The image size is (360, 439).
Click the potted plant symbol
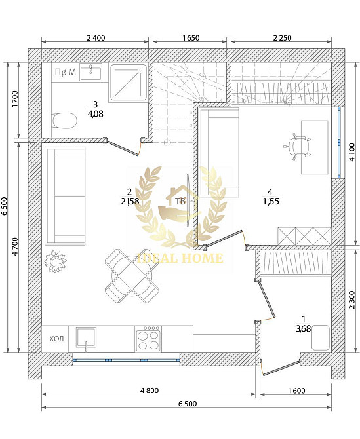[x=55, y=261]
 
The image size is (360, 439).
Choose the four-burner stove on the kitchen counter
[x=149, y=338]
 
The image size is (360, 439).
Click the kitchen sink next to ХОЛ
[x=87, y=338]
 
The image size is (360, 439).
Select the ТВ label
[x=178, y=200]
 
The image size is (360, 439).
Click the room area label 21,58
[x=129, y=200]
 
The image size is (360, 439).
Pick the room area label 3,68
[x=303, y=328]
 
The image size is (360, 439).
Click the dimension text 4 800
[x=150, y=390]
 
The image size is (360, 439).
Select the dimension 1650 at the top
[x=190, y=38]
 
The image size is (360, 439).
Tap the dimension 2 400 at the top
[x=96, y=38]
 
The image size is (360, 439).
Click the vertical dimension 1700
[x=14, y=101]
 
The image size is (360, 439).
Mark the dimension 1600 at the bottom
[x=296, y=390]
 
